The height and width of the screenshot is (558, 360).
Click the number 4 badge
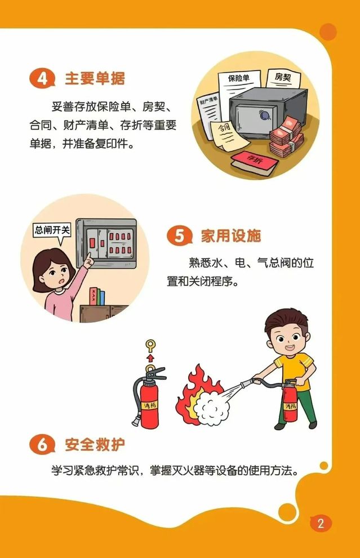42,78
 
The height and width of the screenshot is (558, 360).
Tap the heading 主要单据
95,78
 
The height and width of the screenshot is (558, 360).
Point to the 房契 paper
283,79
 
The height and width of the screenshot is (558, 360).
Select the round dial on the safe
264,115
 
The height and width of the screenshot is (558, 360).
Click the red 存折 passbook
254,163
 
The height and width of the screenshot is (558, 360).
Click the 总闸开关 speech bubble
52,231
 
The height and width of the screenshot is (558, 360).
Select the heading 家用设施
231,235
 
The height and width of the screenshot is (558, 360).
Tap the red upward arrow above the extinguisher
150,358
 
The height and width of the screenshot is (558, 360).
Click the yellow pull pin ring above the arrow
150,346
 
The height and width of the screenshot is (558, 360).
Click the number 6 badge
42,444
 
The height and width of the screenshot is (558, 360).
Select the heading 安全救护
95,444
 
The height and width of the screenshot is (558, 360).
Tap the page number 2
321,523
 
